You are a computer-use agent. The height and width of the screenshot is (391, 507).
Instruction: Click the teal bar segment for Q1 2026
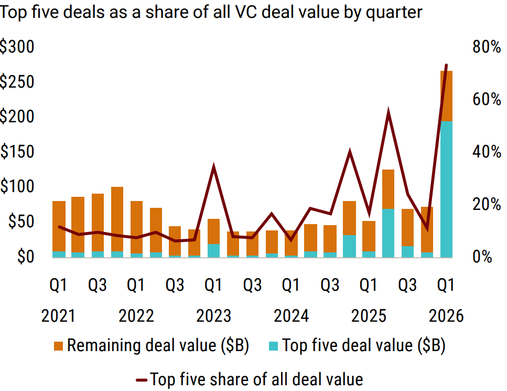pyautogui.click(x=446, y=189)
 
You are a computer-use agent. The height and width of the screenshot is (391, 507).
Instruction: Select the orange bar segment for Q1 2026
pyautogui.click(x=446, y=96)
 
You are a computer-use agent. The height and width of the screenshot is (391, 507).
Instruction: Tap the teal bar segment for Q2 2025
pyautogui.click(x=388, y=233)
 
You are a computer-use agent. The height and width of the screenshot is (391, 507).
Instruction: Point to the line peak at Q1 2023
pyautogui.click(x=213, y=167)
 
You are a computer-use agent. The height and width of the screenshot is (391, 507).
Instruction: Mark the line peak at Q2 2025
pyautogui.click(x=388, y=112)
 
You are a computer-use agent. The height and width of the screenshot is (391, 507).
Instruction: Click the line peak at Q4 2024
pyautogui.click(x=349, y=152)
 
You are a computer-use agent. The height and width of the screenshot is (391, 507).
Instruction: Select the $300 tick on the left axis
pyautogui.click(x=17, y=47)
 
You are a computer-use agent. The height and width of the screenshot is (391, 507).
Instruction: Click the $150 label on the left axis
pyautogui.click(x=17, y=152)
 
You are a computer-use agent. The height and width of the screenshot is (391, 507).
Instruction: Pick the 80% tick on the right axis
pyautogui.click(x=487, y=47)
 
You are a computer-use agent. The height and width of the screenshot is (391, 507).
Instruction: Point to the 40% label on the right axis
pyautogui.click(x=487, y=152)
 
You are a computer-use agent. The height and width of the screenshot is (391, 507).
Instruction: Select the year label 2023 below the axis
pyautogui.click(x=213, y=316)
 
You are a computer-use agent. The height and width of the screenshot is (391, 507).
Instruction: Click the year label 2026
pyautogui.click(x=446, y=316)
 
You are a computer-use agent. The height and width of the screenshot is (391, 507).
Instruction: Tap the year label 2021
pyautogui.click(x=59, y=316)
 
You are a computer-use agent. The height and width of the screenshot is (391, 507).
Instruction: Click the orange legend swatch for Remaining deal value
pyautogui.click(x=59, y=346)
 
